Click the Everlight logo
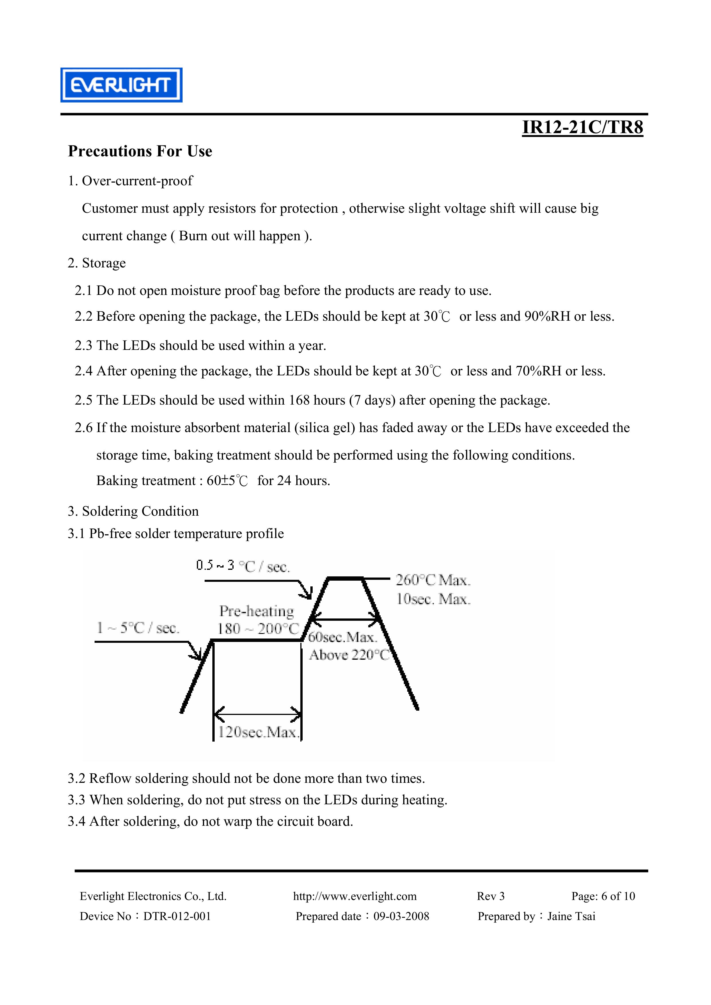click(x=121, y=85)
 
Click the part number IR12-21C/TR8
click(x=582, y=127)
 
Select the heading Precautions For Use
click(x=140, y=151)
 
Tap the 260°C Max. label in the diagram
click(x=433, y=580)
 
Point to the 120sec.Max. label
click(x=258, y=732)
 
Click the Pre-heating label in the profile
click(x=256, y=611)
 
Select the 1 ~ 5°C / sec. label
click(x=138, y=628)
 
